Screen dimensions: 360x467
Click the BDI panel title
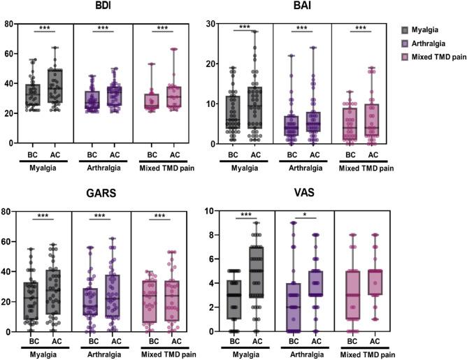tap(106, 6)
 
